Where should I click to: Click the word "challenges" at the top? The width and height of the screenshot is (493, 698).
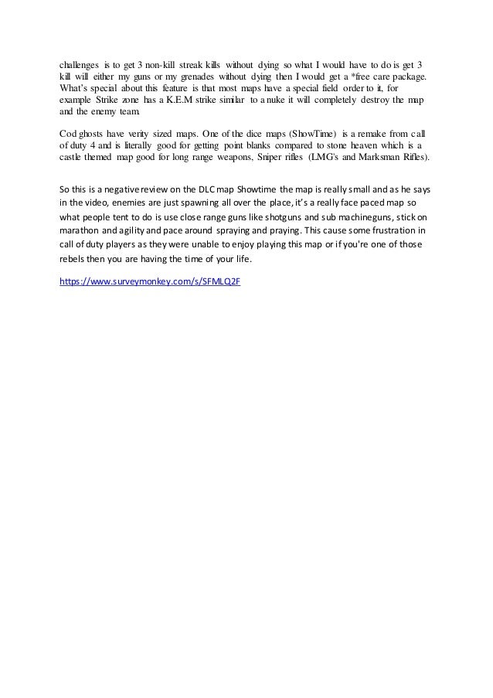(x=81, y=66)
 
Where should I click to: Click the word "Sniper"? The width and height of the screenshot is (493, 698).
(x=265, y=157)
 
